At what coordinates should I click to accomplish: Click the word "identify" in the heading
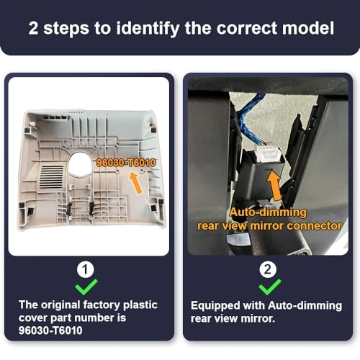tap(148, 29)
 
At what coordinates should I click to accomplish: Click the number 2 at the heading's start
tap(33, 28)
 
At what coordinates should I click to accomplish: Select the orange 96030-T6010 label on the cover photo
tap(126, 163)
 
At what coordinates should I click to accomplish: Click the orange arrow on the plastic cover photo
tap(135, 183)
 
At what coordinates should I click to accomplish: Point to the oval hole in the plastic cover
tap(80, 164)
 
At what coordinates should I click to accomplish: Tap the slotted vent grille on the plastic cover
tap(51, 176)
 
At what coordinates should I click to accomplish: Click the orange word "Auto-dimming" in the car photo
tap(268, 212)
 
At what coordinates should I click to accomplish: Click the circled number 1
tap(85, 269)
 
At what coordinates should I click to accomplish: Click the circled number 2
tap(268, 269)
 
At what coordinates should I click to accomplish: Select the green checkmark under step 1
tap(86, 287)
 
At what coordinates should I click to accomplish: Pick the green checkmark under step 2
tap(270, 287)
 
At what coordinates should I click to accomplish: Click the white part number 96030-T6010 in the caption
tap(50, 330)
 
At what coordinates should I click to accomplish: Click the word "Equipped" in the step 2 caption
tap(215, 306)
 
